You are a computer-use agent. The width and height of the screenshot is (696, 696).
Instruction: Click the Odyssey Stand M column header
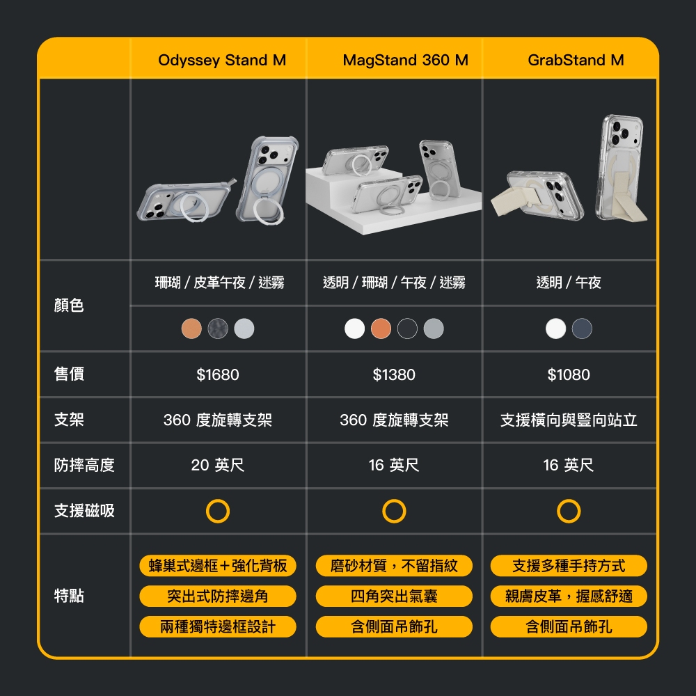click(222, 60)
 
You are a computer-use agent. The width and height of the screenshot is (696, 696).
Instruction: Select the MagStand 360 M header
click(405, 60)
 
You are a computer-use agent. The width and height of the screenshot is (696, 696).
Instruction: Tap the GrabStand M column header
click(576, 60)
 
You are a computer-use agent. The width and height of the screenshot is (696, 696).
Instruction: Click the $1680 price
click(217, 374)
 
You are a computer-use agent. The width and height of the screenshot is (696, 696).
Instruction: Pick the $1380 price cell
click(394, 374)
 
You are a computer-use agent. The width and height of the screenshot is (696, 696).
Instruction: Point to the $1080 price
click(569, 374)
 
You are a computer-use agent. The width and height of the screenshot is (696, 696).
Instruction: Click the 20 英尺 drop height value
click(217, 465)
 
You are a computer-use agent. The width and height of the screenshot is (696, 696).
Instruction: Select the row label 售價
click(69, 374)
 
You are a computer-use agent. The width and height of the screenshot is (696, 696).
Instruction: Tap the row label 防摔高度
click(84, 465)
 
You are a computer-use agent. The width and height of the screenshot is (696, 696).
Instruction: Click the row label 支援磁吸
click(84, 510)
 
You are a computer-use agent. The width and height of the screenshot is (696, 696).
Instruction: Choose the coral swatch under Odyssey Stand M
click(192, 329)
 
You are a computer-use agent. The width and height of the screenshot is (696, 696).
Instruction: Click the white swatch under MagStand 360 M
click(355, 329)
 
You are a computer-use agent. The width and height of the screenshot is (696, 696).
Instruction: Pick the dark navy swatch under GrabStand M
click(582, 329)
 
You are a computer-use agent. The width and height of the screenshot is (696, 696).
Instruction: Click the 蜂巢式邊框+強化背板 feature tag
click(217, 565)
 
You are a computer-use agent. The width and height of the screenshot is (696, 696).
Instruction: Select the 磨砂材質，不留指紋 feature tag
click(394, 565)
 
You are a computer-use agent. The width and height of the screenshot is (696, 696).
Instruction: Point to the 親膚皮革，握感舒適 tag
click(569, 596)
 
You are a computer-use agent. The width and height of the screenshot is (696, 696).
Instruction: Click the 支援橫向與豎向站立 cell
click(569, 420)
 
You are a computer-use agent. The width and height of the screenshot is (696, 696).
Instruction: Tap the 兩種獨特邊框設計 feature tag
click(217, 627)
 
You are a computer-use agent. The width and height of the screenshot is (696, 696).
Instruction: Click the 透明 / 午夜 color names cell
click(569, 283)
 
